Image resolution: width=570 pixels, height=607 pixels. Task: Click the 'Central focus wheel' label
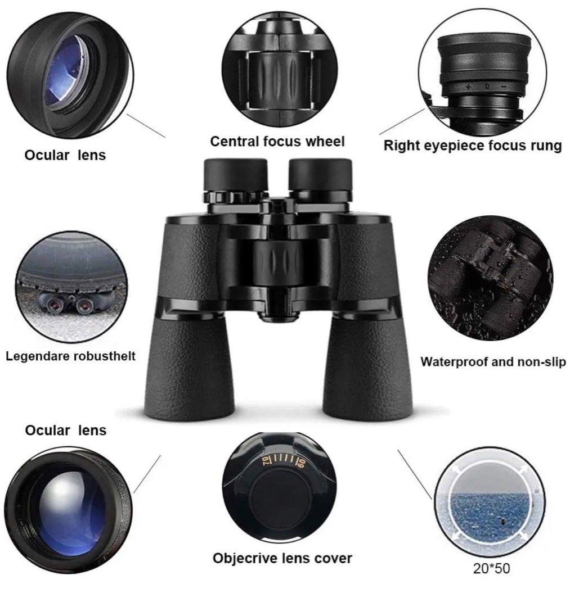pyautogui.click(x=277, y=141)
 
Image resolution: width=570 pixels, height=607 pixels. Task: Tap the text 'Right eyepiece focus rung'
pyautogui.click(x=472, y=146)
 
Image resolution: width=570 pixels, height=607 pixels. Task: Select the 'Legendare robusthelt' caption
pyautogui.click(x=70, y=356)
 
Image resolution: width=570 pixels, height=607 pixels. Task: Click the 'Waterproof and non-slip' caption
pyautogui.click(x=493, y=361)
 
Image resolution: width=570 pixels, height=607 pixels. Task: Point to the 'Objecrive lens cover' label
pyautogui.click(x=282, y=558)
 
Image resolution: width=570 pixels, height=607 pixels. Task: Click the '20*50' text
pyautogui.click(x=491, y=568)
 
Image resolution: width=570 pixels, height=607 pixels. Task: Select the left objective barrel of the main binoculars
pyautogui.click(x=190, y=368)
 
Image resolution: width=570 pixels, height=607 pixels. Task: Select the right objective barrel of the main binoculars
pyautogui.click(x=367, y=368)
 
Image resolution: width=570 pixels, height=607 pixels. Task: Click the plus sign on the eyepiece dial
pyautogui.click(x=469, y=87)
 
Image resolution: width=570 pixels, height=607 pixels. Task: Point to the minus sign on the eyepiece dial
pyautogui.click(x=504, y=87)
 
